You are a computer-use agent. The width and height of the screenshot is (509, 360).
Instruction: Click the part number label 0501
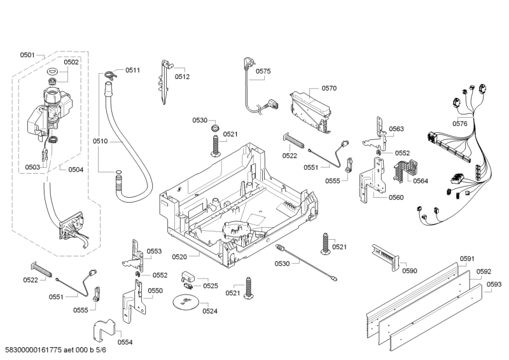tap(27, 55)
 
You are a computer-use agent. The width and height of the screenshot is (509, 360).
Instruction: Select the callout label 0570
tap(329, 88)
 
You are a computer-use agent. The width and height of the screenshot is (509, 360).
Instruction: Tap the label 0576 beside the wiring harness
tap(460, 123)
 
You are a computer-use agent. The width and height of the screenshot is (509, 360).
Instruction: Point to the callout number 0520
tap(179, 257)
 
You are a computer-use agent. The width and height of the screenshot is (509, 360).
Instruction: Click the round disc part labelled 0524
tap(185, 302)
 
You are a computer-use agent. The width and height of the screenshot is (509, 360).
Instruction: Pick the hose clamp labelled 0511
tap(111, 75)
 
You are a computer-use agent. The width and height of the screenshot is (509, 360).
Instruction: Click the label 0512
tap(182, 76)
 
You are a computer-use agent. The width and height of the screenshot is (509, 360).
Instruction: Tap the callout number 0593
tap(494, 284)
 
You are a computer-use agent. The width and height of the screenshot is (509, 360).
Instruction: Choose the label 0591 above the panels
tap(467, 258)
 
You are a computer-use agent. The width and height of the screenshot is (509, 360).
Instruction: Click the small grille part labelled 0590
tap(386, 257)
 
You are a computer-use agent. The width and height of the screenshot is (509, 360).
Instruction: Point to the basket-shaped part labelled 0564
tap(406, 170)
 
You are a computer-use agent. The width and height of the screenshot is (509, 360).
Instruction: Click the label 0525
tap(211, 286)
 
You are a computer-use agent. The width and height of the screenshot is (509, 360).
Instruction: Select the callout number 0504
tap(76, 169)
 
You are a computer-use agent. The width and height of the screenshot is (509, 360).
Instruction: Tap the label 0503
tap(32, 167)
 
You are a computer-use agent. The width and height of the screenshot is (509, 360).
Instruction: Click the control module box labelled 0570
tap(310, 112)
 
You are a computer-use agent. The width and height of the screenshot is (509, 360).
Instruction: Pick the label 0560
tap(396, 197)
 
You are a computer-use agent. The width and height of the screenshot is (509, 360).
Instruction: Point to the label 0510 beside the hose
tap(100, 141)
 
